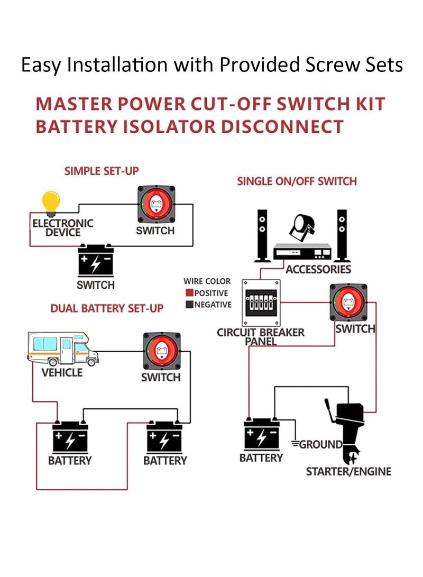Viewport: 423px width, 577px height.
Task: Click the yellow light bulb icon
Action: click(51, 203)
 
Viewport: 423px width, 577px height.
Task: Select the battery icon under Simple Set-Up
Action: click(96, 261)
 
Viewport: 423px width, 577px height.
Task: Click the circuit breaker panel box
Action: click(261, 303)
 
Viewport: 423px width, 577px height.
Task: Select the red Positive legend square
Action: click(189, 293)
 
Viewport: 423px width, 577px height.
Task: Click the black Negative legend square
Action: click(189, 305)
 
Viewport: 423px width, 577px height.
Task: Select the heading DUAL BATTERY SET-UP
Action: click(107, 308)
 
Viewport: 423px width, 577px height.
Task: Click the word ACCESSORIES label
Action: click(318, 270)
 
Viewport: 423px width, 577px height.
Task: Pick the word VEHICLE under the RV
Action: click(62, 373)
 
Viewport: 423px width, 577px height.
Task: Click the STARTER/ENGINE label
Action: click(348, 471)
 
